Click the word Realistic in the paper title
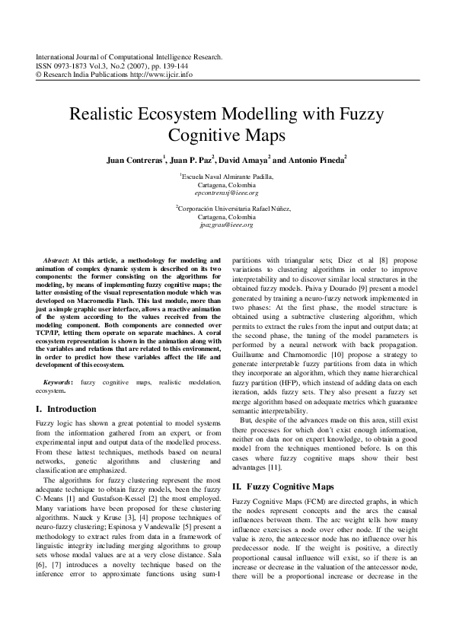[x=107, y=116]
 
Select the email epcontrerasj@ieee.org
[x=227, y=193]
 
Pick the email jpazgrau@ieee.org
[x=226, y=225]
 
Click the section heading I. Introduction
[x=66, y=409]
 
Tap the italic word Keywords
[x=59, y=381]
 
